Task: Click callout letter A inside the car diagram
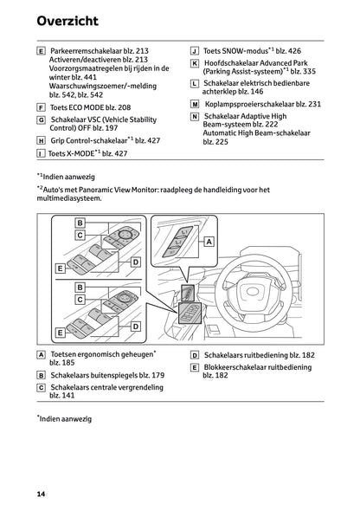[209, 243]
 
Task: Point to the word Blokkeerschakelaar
[240, 368]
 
